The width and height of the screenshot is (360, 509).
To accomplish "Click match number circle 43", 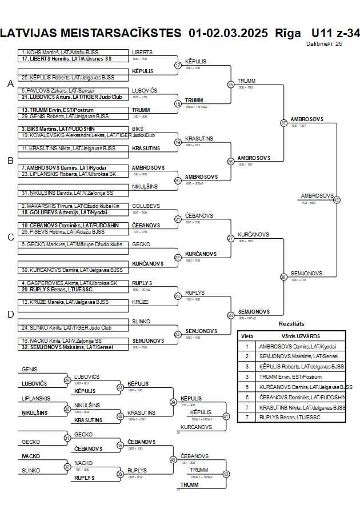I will tap(337, 200).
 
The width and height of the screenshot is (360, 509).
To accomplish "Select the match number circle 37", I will tap(283, 123).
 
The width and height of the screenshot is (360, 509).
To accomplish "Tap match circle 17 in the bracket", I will tap(178, 65).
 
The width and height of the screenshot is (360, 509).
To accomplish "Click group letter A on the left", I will tap(10, 84).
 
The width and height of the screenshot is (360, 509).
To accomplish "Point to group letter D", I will tap(10, 314).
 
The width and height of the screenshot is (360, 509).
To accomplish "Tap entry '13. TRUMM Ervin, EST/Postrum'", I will tap(57, 110).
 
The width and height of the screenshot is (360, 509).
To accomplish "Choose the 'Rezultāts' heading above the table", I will tap(291, 324).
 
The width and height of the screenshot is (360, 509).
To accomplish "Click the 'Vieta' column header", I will tap(247, 336).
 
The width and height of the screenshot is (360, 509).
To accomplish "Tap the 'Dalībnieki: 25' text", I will tap(324, 43).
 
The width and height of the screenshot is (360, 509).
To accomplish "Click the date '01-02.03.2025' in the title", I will tap(227, 33).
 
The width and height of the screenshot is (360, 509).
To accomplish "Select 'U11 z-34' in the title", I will tap(335, 33).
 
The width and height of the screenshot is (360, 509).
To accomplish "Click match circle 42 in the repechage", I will tap(226, 474).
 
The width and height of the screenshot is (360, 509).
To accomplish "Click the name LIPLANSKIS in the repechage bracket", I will tap(37, 398).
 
